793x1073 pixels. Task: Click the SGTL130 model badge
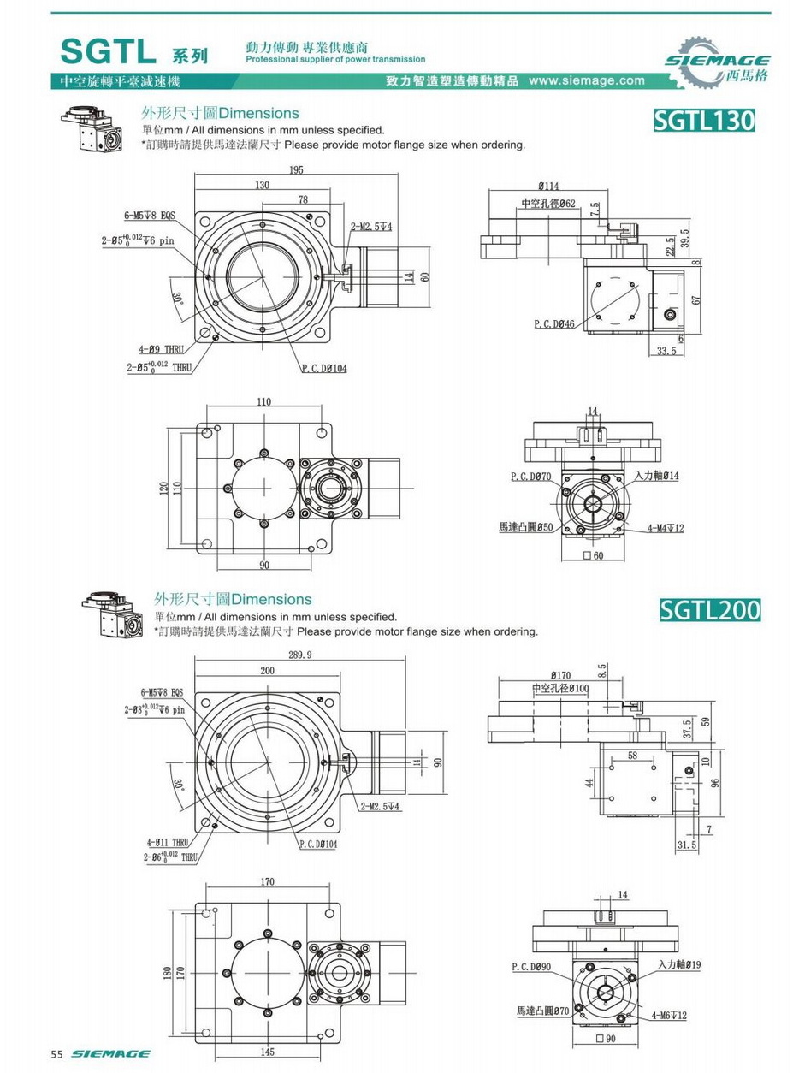(x=704, y=120)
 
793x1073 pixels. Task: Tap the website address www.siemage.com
(x=587, y=81)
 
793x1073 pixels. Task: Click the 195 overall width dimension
(x=296, y=169)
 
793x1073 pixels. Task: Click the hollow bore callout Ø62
(x=548, y=204)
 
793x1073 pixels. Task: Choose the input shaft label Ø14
(x=656, y=475)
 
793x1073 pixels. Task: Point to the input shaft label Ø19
(x=680, y=964)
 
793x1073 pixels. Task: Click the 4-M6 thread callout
(x=669, y=1016)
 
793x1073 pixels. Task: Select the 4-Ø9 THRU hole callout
(x=161, y=349)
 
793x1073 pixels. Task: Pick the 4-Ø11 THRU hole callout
(x=169, y=842)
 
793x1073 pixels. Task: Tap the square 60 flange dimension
(x=593, y=556)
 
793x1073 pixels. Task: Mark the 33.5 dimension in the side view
(x=667, y=350)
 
